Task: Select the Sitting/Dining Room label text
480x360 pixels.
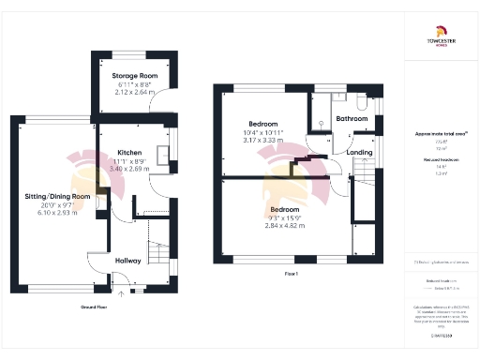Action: (56, 196)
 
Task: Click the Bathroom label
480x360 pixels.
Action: (352, 119)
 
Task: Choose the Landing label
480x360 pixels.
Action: (359, 151)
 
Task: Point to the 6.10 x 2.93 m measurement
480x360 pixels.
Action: (56, 213)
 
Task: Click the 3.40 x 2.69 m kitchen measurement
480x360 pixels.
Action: (129, 170)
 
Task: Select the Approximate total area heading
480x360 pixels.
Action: (440, 134)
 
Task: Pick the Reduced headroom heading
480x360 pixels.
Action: (440, 159)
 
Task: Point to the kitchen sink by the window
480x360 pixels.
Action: (168, 149)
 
